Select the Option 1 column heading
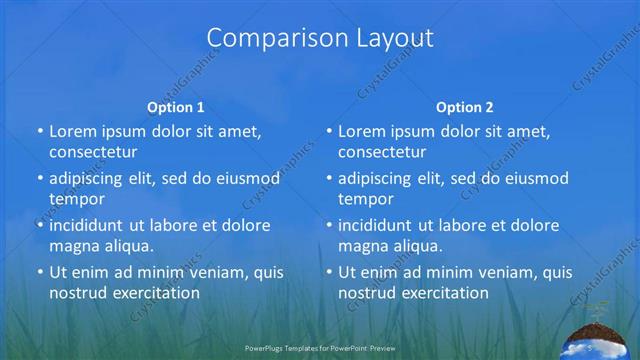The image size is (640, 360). point(175,107)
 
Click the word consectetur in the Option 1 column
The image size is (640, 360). point(93,153)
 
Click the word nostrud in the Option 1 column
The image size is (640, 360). point(77,294)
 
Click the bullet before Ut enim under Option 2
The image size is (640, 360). point(329,273)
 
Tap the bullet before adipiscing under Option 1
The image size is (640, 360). point(40,179)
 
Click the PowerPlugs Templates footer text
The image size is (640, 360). point(320,349)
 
